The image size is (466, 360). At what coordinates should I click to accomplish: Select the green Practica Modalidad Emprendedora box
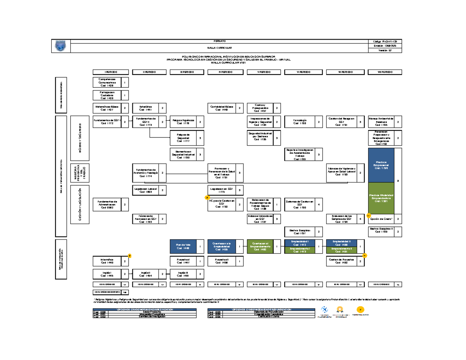point(381,198)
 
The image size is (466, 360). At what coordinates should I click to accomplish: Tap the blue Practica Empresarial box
point(381,165)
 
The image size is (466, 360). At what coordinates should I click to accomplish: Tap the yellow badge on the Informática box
point(130,256)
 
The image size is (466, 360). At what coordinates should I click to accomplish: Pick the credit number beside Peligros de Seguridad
point(200,138)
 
